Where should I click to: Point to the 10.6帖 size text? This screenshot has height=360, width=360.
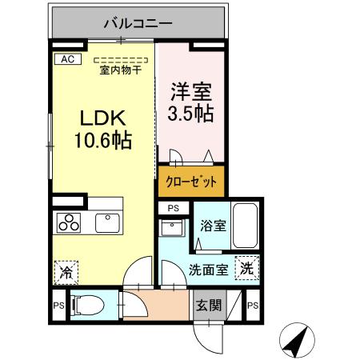tap(104, 142)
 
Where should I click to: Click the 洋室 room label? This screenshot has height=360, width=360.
tap(190, 90)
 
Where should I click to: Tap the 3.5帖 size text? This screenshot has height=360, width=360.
tap(190, 113)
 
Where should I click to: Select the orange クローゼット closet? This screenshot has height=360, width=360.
tap(191, 181)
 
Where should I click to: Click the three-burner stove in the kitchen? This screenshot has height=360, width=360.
tap(69, 222)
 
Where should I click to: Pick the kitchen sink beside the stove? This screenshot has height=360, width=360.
tap(106, 222)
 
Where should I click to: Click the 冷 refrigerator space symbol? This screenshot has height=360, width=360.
tap(65, 272)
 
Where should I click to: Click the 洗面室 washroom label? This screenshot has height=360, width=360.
tap(209, 270)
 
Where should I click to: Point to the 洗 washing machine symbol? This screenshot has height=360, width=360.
tap(248, 269)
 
